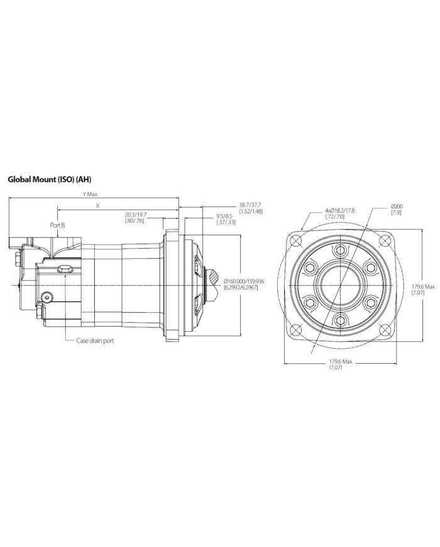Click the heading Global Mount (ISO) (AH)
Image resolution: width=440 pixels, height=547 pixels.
click(49, 179)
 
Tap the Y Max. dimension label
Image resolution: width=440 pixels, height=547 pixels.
click(91, 195)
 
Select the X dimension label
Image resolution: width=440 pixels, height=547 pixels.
click(97, 206)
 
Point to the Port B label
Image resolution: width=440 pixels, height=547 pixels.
click(58, 224)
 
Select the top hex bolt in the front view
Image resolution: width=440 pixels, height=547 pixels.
click(340, 251)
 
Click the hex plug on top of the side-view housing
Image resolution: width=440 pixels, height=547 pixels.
click(63, 269)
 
